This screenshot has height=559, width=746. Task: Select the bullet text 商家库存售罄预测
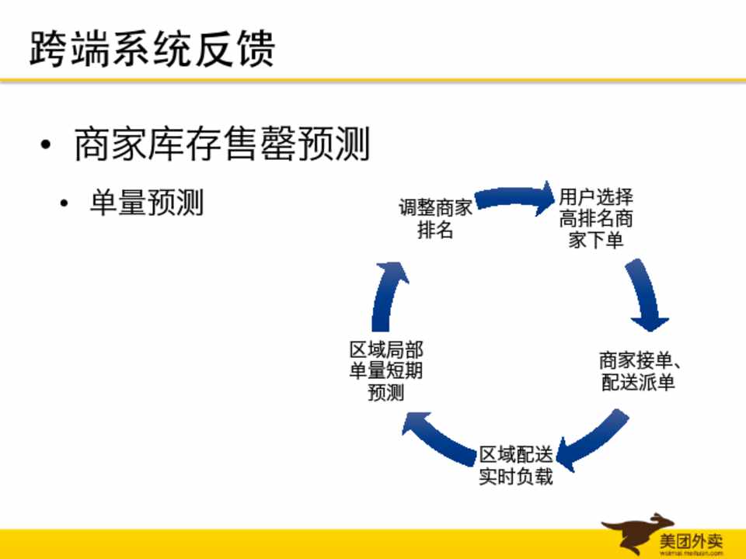pos(221,145)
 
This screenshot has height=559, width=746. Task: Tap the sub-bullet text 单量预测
pos(146,203)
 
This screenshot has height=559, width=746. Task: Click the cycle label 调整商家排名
pos(435,219)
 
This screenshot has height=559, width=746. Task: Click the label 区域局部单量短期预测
pos(386,371)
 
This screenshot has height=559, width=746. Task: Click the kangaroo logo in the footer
pos(628,533)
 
